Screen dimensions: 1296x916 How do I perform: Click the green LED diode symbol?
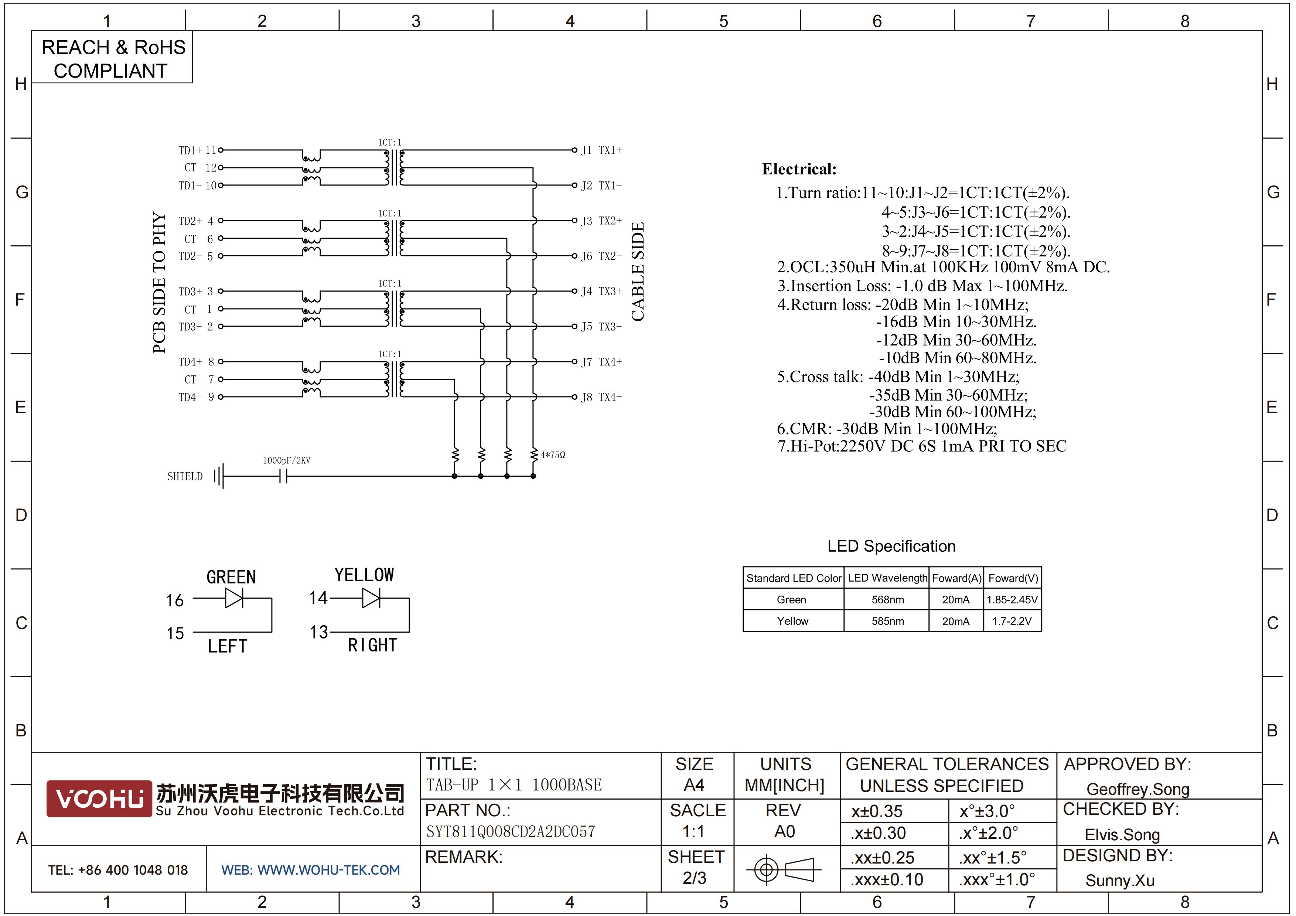(234, 598)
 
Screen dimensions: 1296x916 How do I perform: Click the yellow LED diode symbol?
(371, 598)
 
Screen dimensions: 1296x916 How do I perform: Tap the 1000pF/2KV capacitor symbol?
(283, 477)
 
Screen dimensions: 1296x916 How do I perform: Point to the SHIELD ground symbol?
(219, 476)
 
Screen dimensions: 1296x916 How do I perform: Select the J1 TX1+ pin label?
(602, 150)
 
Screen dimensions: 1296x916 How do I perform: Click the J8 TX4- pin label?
(602, 397)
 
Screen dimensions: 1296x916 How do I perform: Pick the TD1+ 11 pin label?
(197, 150)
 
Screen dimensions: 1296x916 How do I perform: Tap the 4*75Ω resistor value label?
(553, 455)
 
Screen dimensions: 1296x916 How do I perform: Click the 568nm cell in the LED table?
(887, 599)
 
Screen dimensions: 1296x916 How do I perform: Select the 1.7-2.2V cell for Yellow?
(1012, 621)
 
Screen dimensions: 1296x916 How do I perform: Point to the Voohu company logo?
(99, 798)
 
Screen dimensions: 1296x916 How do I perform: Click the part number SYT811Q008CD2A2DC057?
(510, 831)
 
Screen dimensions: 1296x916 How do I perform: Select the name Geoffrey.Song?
(1138, 789)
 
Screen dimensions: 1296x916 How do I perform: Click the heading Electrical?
(799, 169)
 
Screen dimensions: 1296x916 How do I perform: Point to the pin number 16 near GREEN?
(175, 600)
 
